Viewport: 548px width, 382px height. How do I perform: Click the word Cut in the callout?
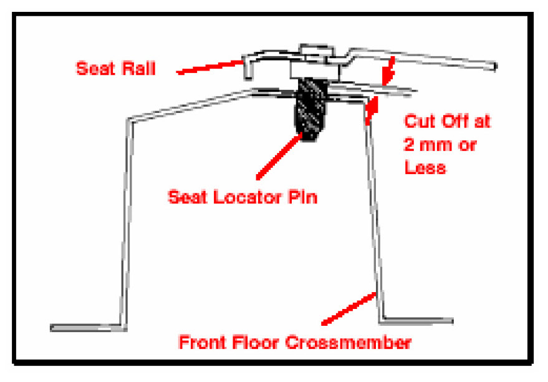coord(418,120)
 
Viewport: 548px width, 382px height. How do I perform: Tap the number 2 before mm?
coord(410,145)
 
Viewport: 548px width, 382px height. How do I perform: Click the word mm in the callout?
coord(440,145)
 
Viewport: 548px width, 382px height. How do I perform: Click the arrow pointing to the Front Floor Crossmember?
coord(349,308)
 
